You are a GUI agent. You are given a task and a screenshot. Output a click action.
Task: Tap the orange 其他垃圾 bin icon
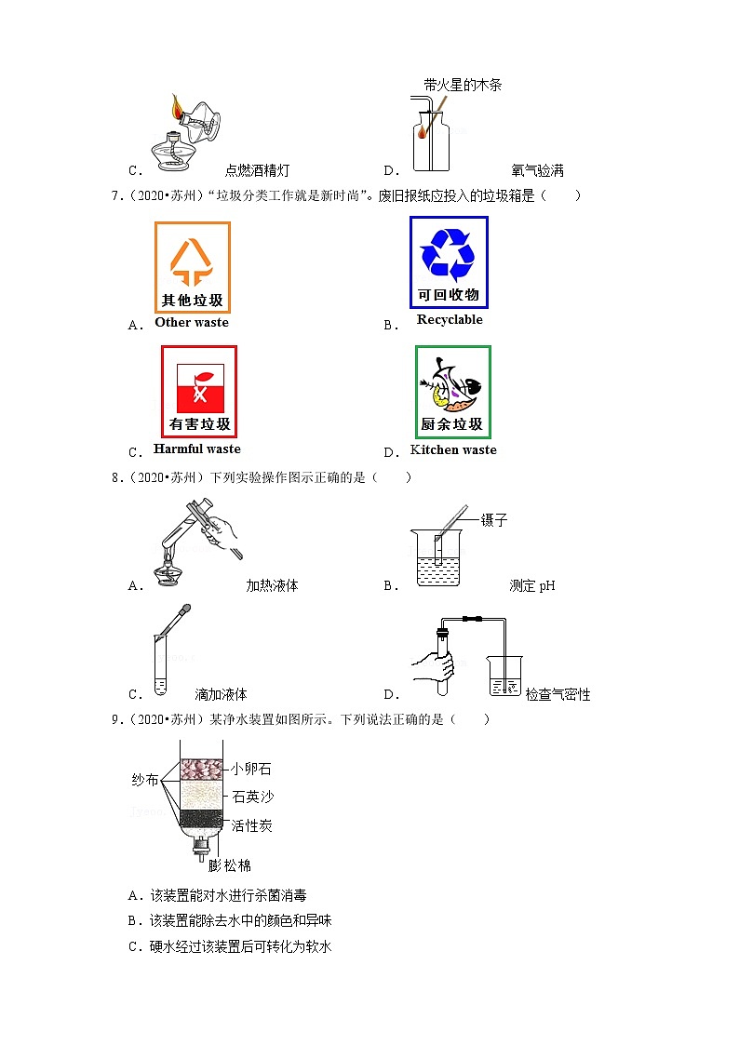point(193,267)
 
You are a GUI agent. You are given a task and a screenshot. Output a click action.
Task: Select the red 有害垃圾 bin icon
point(199,392)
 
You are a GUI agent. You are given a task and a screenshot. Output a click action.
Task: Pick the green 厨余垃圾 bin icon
point(452,392)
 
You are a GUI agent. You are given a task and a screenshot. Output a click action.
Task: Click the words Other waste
point(191,323)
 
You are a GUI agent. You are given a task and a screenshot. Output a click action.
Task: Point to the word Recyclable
point(450,320)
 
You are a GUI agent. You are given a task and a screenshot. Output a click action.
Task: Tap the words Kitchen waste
point(453,450)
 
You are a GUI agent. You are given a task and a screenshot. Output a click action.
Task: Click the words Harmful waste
point(196,449)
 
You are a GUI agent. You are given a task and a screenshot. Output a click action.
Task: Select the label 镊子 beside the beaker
point(494,520)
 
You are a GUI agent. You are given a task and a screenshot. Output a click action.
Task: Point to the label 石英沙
point(253,797)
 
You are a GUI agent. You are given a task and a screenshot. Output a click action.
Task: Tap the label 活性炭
point(251,825)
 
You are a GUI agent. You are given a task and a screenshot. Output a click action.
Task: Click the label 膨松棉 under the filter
point(230,865)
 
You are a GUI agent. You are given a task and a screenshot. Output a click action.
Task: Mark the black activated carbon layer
point(200,818)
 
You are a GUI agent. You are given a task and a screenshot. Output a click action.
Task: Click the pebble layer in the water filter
point(200,769)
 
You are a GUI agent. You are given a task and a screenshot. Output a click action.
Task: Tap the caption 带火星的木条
point(463,85)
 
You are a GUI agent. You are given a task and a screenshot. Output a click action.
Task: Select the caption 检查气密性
point(558,695)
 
